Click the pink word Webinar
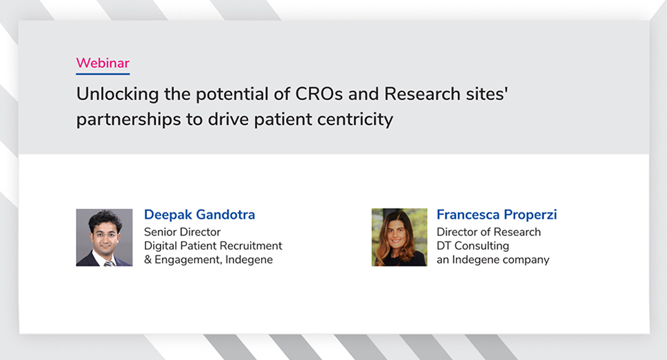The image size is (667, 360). pos(103,63)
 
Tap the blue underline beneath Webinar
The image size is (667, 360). pos(103,74)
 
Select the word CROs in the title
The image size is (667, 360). pos(319,94)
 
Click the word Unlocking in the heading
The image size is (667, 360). pos(118,94)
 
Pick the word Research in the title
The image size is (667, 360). pos(423,94)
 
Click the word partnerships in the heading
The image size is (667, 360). pos(128,120)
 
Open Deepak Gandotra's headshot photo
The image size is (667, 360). pos(104,237)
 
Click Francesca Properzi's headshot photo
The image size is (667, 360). pos(399,237)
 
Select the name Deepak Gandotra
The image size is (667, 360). pos(199,215)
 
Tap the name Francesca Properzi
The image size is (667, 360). pos(497,215)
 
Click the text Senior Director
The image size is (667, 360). pos(182,232)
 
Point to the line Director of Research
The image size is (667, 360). pos(489,232)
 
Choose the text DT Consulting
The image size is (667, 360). pos(472,246)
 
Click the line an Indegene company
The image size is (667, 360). pos(493,260)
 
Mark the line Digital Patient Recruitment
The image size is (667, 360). pos(213,246)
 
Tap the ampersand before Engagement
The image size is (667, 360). pos(148,260)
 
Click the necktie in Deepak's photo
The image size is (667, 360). pos(109,264)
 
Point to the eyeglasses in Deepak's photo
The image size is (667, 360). pos(105,234)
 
